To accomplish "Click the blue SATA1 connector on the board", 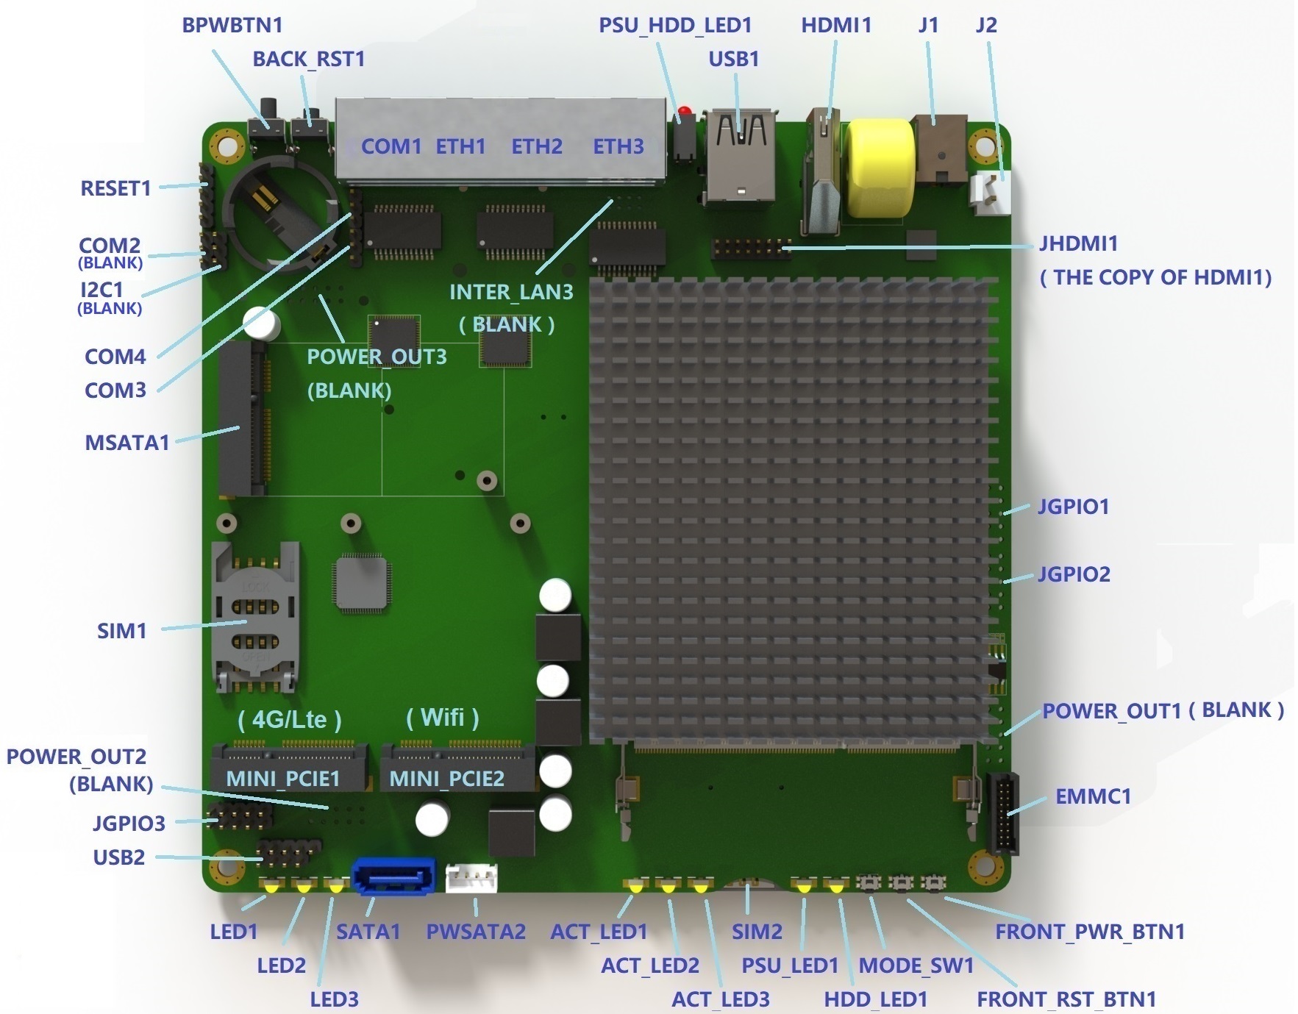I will [x=394, y=876].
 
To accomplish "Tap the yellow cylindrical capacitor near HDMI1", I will [x=880, y=171].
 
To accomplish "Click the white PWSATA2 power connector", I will [x=471, y=877].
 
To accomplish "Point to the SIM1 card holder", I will [x=254, y=618].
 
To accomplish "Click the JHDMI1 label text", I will [x=1078, y=243].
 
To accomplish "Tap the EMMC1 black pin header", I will [x=1002, y=813].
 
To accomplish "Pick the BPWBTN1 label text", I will [x=232, y=25].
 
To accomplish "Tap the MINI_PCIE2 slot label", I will [x=446, y=779].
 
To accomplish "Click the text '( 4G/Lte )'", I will [x=290, y=719].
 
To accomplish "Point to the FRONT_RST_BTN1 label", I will [x=1066, y=999].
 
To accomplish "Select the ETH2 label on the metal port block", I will [x=537, y=146].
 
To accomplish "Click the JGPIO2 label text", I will [x=1074, y=574].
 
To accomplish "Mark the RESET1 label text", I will [x=115, y=188].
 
